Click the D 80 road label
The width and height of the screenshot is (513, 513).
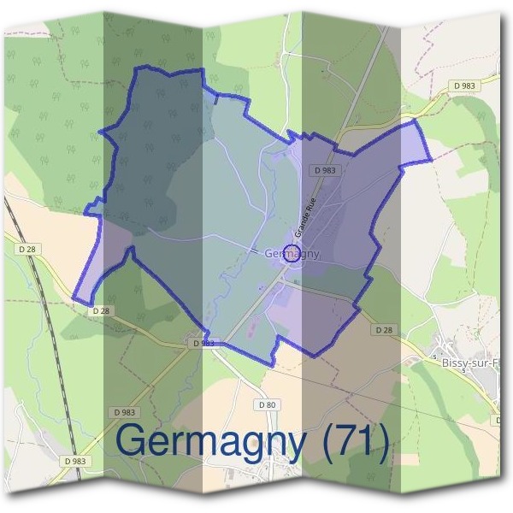266,404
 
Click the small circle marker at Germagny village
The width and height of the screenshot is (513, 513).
292,253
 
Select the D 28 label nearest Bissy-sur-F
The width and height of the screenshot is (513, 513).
383,330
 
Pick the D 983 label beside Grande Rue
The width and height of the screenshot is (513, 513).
326,171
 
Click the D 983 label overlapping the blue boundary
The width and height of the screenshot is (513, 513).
202,343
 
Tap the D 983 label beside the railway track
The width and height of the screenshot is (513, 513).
74,461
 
